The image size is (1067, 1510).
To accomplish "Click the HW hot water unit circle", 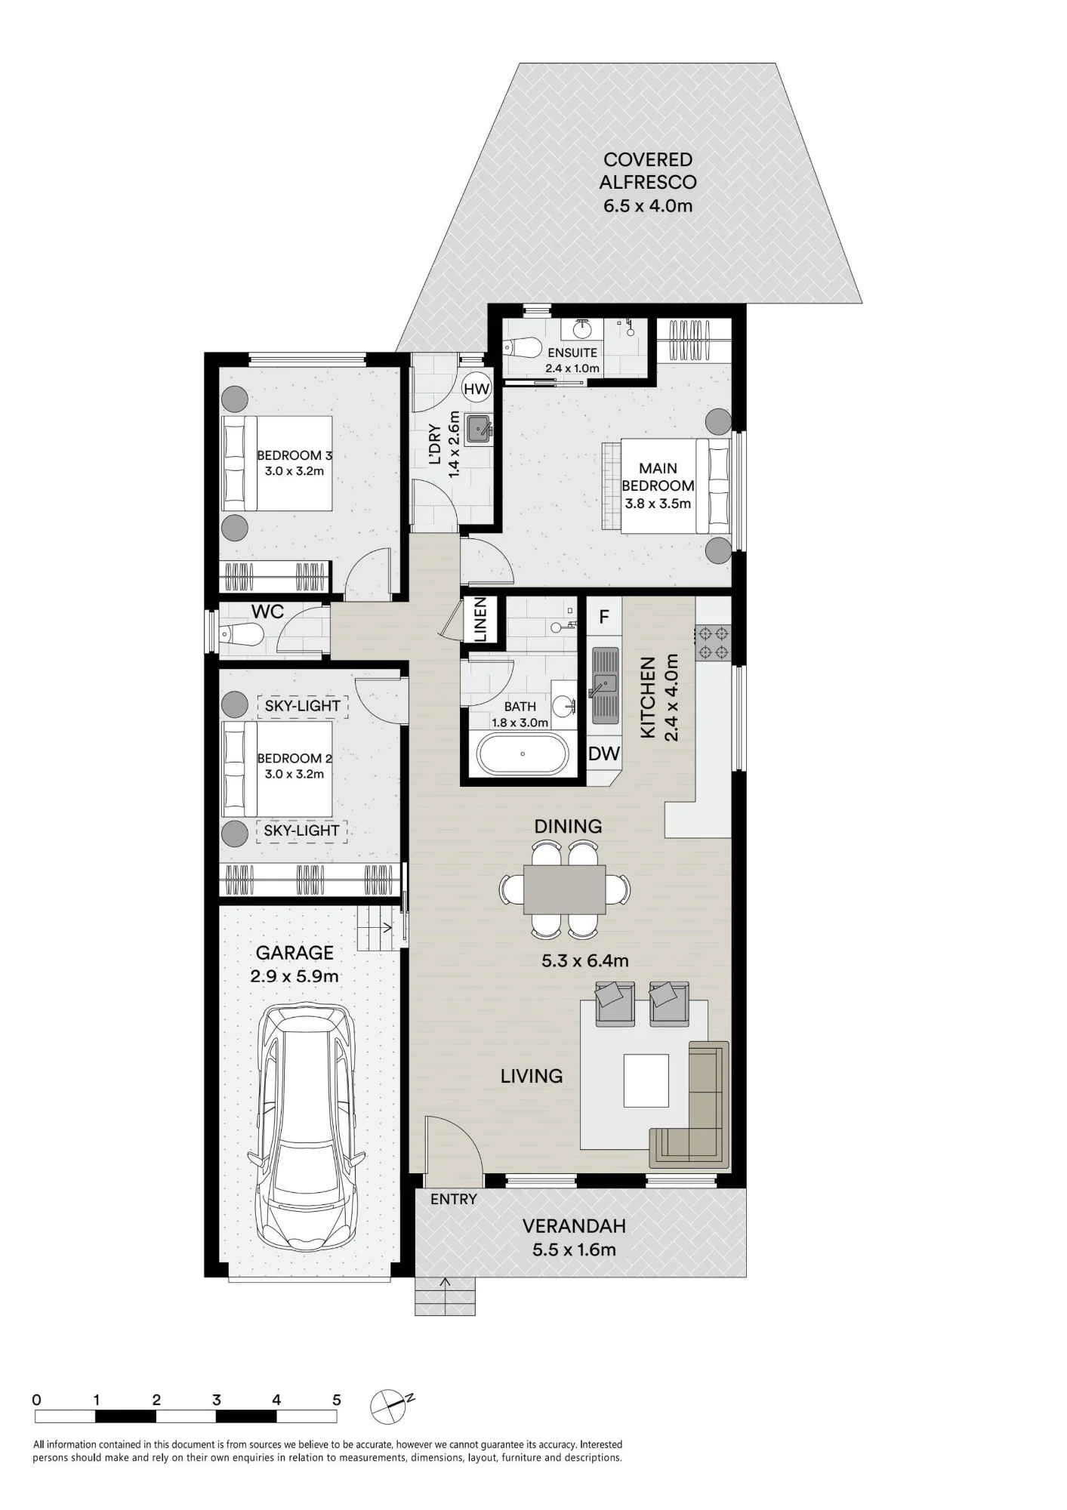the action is coord(476,389).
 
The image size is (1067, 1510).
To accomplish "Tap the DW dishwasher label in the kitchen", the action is coord(604,753).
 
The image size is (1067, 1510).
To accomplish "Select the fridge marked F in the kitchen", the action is coord(604,617).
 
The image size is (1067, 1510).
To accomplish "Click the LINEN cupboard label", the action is coord(480,620).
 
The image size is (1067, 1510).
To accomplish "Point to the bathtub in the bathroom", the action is coord(522,753).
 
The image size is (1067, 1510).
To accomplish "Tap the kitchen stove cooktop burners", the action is coord(713,642).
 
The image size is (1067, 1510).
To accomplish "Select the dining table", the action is coord(565,889).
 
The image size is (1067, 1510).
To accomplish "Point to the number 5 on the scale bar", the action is coord(337,1400).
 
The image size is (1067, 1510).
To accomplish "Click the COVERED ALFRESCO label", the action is coord(648,171).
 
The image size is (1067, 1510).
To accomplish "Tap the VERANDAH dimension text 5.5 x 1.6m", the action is coord(574,1250).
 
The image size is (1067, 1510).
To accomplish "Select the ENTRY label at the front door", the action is coord(454,1199).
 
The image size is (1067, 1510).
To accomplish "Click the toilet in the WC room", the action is coord(241,636).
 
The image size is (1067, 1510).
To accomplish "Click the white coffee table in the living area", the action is coord(646,1080).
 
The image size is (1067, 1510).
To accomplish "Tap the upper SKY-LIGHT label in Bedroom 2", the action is coord(302,706).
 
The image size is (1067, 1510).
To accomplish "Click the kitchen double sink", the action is coord(605,686).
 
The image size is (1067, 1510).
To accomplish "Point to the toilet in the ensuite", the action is coord(523,348).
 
